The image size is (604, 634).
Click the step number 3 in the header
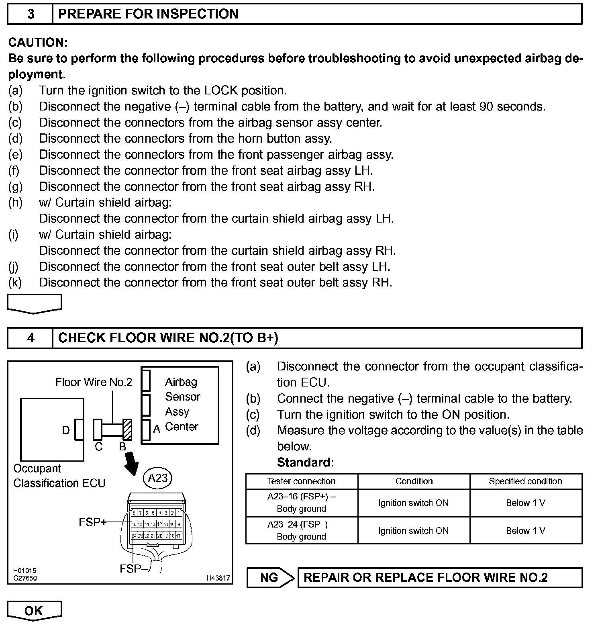pyautogui.click(x=31, y=14)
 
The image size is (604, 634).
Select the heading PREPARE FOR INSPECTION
pyautogui.click(x=148, y=14)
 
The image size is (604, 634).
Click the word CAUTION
pyautogui.click(x=38, y=42)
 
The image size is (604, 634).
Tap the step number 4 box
pyautogui.click(x=31, y=338)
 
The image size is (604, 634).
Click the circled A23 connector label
pyautogui.click(x=157, y=478)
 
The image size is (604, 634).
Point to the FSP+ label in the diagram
pyautogui.click(x=92, y=522)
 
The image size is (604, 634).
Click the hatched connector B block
pyautogui.click(x=127, y=429)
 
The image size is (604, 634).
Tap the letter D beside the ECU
pyautogui.click(x=66, y=430)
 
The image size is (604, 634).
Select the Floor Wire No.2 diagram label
pyautogui.click(x=94, y=382)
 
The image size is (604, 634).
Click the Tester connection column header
pyautogui.click(x=301, y=481)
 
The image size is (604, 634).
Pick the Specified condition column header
pyautogui.click(x=525, y=481)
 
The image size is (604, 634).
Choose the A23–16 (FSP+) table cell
pyautogui.click(x=301, y=503)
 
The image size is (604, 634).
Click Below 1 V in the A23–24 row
pyautogui.click(x=525, y=531)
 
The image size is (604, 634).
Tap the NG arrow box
pyautogui.click(x=270, y=578)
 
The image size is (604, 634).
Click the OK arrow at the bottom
pyautogui.click(x=34, y=611)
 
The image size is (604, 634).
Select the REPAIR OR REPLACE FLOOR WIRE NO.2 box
pyautogui.click(x=439, y=578)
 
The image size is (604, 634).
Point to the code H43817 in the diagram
pyautogui.click(x=218, y=578)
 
